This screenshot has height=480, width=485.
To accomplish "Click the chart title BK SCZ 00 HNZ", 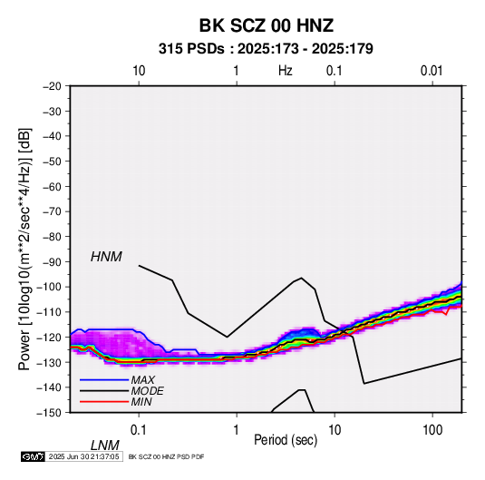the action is click(x=266, y=25).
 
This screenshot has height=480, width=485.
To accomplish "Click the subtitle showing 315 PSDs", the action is click(x=266, y=49).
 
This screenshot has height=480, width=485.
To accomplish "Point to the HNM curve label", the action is click(x=106, y=257).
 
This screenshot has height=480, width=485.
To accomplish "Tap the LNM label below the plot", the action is click(x=105, y=446).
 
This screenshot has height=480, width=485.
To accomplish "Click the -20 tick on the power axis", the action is click(x=52, y=86).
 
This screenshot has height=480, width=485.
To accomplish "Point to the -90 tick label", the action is click(x=52, y=261).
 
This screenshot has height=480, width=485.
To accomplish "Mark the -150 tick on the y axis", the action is click(x=49, y=413).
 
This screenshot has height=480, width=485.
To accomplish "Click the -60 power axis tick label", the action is click(x=52, y=186).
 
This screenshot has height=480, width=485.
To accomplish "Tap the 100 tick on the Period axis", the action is click(x=432, y=430).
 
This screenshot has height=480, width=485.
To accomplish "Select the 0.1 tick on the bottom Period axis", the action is click(x=139, y=430).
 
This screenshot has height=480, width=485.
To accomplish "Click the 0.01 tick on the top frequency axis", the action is click(x=432, y=71).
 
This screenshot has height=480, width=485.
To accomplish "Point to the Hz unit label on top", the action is click(x=286, y=71).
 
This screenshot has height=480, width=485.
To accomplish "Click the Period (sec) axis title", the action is click(x=286, y=440).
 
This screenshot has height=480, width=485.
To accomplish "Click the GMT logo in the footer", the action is click(x=34, y=456).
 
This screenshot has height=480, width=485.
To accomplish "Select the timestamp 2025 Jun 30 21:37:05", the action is click(x=83, y=456).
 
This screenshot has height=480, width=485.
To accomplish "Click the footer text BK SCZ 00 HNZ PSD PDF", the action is click(x=166, y=456).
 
